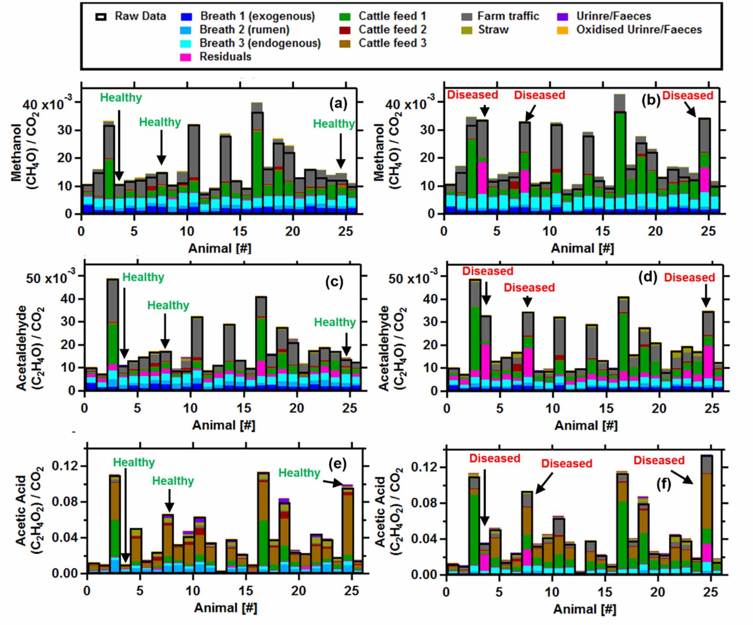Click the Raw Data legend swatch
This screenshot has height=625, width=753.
coord(101,17)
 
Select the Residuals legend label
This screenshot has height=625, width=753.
coord(225,57)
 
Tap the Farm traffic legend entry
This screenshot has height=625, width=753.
coord(508,16)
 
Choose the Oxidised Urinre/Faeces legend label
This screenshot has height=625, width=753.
coord(639,30)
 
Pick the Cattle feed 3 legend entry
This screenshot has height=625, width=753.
coord(392,43)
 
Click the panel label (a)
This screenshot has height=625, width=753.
coord(338,103)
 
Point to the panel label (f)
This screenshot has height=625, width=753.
coord(664,484)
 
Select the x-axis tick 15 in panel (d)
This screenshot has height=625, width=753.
coord(605,409)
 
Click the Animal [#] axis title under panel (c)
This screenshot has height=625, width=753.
coord(223,425)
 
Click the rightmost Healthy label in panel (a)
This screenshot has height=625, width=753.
coord(334,124)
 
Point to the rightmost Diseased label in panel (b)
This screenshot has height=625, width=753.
coord(688,96)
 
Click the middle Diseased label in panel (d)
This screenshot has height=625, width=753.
coord(529,288)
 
